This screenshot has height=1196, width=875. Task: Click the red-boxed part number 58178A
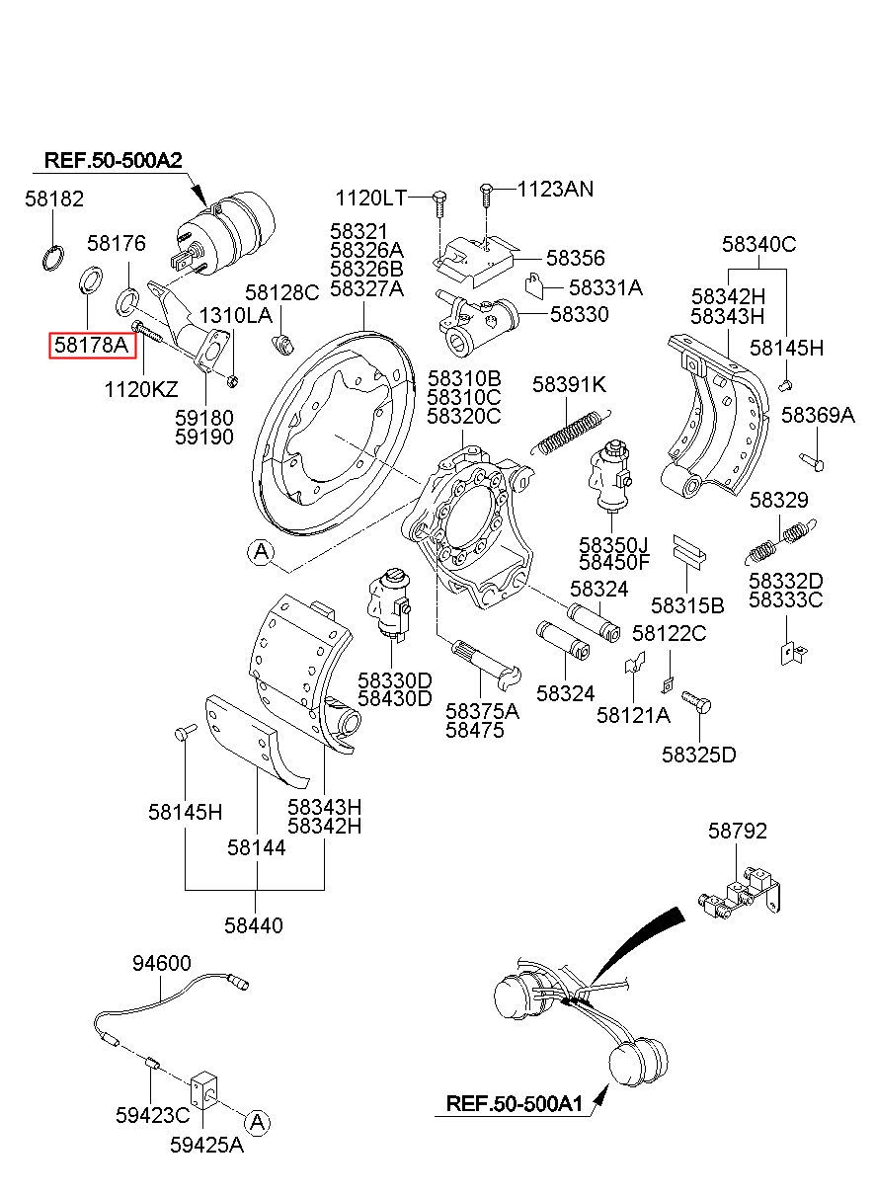tap(92, 345)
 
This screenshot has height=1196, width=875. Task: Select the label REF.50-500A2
tap(114, 160)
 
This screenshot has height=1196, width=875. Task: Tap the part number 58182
tap(54, 199)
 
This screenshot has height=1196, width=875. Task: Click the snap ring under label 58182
tap(53, 257)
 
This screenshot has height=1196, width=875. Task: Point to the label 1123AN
tap(555, 189)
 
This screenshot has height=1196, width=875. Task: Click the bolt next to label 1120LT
tap(438, 203)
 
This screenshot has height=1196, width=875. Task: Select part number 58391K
tap(569, 384)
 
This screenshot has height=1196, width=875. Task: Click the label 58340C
tap(758, 244)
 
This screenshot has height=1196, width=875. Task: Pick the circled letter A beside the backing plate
tap(261, 551)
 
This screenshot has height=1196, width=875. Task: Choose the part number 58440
tap(254, 925)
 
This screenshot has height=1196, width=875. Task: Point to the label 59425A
tap(207, 1145)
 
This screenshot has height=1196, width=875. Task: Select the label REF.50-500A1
tap(515, 1103)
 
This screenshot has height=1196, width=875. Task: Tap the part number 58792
tap(738, 831)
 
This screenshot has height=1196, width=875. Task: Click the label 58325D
tap(699, 755)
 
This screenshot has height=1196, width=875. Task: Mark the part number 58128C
tap(281, 292)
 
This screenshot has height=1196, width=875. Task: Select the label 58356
tap(576, 258)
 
